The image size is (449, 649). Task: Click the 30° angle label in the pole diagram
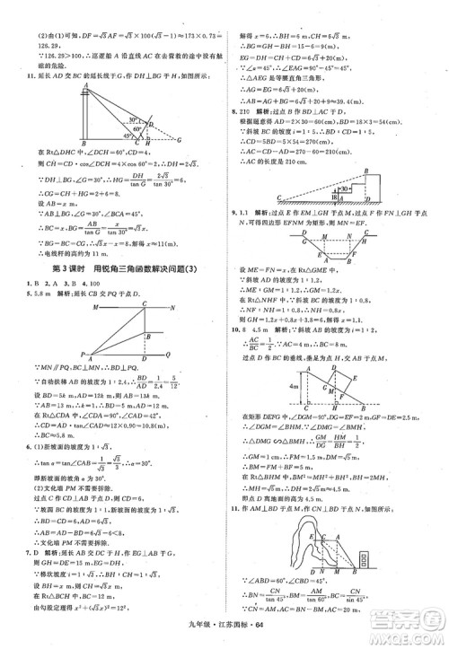click(x=134, y=118)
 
